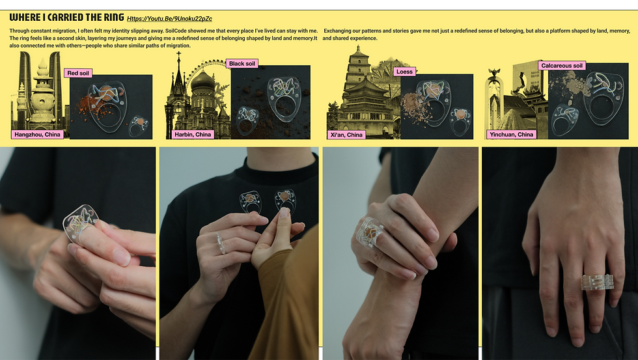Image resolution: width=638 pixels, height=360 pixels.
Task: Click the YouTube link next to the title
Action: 169,19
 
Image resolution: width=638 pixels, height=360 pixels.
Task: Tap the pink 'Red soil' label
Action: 77,73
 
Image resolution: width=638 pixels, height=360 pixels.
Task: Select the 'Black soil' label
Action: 242,63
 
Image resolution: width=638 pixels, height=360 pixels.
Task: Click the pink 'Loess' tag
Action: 404,72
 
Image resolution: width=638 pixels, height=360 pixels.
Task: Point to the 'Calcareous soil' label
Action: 561,66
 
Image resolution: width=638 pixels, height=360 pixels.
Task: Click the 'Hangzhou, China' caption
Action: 37,134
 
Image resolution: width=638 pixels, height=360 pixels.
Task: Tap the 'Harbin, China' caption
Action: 193,134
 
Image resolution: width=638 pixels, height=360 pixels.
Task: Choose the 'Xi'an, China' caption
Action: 346,135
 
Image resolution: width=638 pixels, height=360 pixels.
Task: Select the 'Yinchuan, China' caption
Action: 511,134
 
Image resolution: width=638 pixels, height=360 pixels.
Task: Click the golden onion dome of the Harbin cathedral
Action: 202,80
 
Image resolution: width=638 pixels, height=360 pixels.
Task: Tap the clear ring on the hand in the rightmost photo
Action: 597,282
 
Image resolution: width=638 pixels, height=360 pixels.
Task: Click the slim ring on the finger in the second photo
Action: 221,243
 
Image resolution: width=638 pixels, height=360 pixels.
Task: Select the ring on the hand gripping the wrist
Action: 370,232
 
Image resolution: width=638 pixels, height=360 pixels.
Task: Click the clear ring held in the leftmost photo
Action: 80,222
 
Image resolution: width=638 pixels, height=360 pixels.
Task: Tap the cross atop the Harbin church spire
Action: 178,55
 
